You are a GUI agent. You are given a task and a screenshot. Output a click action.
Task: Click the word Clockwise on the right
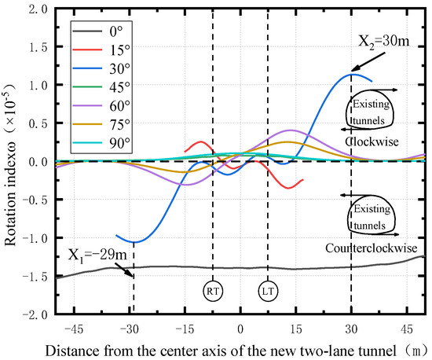coord(373,142)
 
